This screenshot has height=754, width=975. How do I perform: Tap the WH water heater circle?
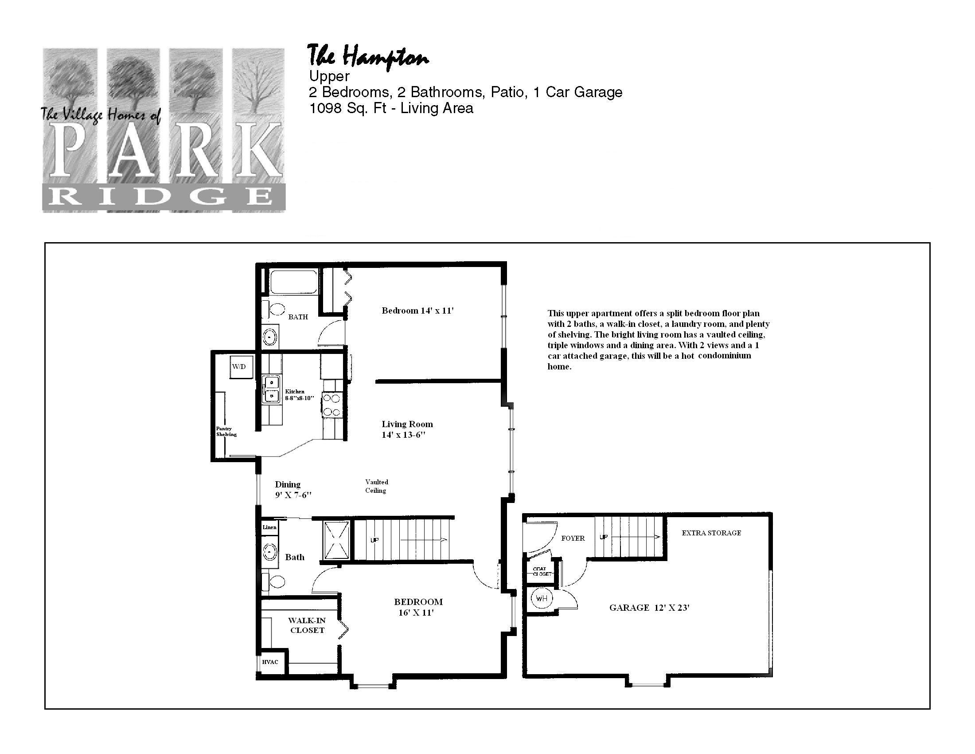[541, 598]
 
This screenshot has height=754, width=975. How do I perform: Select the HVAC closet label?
[270, 662]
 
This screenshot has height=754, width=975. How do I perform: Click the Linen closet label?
[269, 527]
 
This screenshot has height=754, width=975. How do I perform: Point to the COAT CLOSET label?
[542, 571]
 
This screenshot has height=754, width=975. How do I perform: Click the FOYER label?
[573, 538]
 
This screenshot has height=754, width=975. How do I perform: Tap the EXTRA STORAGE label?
[711, 532]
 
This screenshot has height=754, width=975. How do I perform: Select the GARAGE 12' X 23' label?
[650, 608]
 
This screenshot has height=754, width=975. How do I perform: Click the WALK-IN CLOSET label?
[307, 625]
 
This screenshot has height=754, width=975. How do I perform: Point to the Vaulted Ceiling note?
[376, 486]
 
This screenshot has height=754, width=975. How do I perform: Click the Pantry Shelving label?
[226, 431]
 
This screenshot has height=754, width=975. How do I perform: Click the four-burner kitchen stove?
[331, 404]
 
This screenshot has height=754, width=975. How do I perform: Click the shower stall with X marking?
[337, 540]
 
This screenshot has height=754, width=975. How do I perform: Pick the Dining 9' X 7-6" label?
[293, 490]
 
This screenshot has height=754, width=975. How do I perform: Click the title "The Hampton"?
[368, 56]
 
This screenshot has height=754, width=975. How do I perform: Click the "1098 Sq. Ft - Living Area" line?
[391, 108]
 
